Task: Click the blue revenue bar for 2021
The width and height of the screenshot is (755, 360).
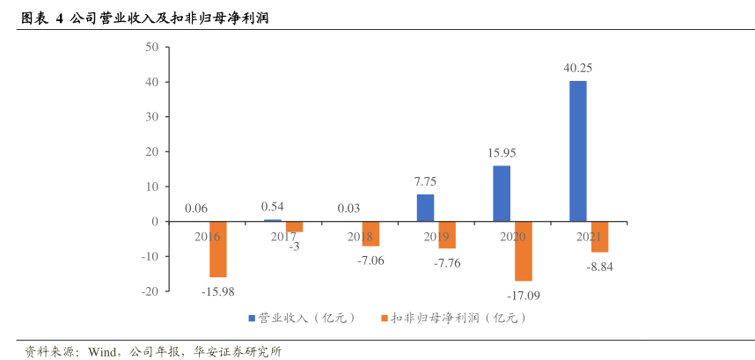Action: pyautogui.click(x=577, y=151)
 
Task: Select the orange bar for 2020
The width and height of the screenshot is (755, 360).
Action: pyautogui.click(x=524, y=251)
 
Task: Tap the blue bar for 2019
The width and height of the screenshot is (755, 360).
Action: pyautogui.click(x=425, y=208)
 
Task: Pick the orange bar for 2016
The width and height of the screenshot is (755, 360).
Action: pyautogui.click(x=217, y=249)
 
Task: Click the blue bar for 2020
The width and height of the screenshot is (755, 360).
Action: pyautogui.click(x=502, y=194)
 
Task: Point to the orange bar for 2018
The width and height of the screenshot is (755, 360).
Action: pyautogui.click(x=370, y=233)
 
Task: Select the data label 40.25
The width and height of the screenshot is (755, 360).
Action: pyautogui.click(x=578, y=68)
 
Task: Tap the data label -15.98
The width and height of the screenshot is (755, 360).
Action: pyautogui.click(x=217, y=291)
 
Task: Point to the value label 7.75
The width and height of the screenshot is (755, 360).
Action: pyautogui.click(x=425, y=181)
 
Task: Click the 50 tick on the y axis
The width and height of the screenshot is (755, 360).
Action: pyautogui.click(x=151, y=48)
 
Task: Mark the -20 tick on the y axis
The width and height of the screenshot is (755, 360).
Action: pyautogui.click(x=149, y=291)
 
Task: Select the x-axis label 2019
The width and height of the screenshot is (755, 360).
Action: pyautogui.click(x=436, y=237)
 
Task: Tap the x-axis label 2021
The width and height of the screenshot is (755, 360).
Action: pyautogui.click(x=589, y=237)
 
